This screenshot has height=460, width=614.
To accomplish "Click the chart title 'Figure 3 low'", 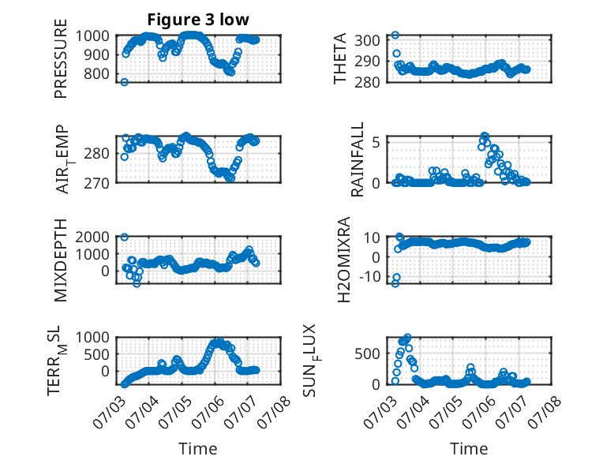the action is [x=198, y=20].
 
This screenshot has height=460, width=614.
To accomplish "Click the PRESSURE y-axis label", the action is [x=61, y=58].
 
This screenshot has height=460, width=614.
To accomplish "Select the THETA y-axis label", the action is [x=340, y=58].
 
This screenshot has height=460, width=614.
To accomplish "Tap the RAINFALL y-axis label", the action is [x=358, y=159].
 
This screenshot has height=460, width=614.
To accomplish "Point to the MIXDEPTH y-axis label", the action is [x=61, y=260].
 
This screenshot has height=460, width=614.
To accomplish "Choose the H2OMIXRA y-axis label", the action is [x=343, y=260].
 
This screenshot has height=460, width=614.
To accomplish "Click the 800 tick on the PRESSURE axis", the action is [x=96, y=73].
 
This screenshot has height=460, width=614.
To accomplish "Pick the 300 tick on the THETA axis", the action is [x=367, y=40].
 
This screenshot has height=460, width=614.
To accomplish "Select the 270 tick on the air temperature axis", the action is [x=96, y=183].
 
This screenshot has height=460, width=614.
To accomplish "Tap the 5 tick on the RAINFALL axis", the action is [x=376, y=142].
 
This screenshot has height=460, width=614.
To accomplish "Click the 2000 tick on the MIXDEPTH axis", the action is [x=92, y=237].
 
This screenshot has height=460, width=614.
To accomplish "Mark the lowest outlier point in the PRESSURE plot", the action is [x=124, y=82].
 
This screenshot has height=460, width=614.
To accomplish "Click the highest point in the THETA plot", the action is [x=395, y=36].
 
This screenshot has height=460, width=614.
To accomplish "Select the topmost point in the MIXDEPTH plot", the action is [x=124, y=237].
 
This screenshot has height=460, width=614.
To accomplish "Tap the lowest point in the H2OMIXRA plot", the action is [x=395, y=283].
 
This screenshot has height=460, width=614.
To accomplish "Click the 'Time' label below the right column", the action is [x=469, y=449].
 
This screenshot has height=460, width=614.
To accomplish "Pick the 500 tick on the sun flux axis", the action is [x=367, y=353].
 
